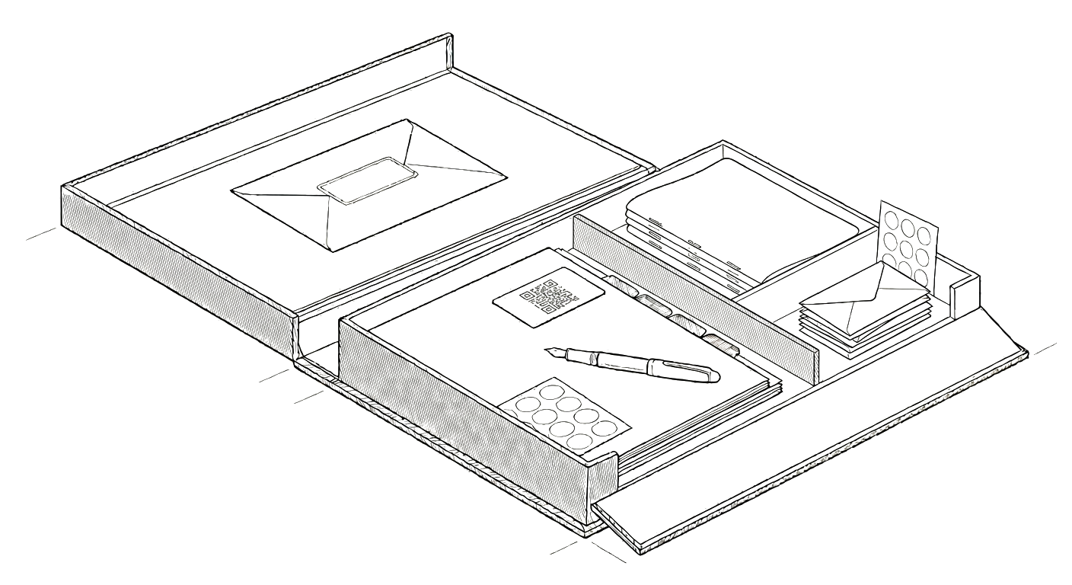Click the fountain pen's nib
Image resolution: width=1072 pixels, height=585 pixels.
coord(554,352)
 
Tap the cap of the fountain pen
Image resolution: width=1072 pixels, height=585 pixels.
coord(688,371)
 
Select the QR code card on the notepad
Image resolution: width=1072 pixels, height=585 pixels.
coord(548,296)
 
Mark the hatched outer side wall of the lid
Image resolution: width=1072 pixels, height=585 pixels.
coord(175,251)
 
